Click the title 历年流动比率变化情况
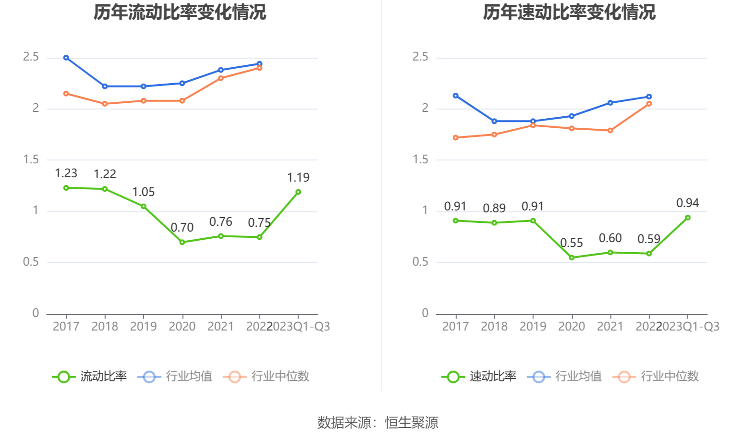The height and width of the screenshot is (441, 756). (180, 12)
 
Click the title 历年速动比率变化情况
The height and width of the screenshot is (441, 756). (569, 12)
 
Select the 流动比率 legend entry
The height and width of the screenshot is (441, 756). (90, 376)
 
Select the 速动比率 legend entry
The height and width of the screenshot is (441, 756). (479, 376)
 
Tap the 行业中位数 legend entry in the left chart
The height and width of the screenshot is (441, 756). (267, 376)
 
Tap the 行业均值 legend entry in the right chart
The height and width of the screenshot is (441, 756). (565, 376)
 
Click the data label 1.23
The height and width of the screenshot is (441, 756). (66, 173)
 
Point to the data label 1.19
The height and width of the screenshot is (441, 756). (298, 178)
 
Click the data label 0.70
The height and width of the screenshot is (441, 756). (182, 228)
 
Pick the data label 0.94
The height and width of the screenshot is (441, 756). (687, 203)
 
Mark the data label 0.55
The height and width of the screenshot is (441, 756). (572, 243)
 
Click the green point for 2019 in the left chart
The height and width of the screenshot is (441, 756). (144, 207)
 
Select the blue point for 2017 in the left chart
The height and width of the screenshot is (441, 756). (66, 58)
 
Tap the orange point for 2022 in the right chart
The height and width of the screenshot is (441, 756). (649, 104)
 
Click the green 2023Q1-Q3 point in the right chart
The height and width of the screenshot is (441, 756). (688, 218)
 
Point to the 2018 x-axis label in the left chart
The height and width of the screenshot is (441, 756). (105, 327)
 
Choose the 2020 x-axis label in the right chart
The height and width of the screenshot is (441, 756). (572, 327)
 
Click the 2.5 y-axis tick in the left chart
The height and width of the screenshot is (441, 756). (31, 57)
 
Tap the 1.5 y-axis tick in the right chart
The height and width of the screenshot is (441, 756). (421, 159)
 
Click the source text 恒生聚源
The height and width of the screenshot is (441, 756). (412, 423)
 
